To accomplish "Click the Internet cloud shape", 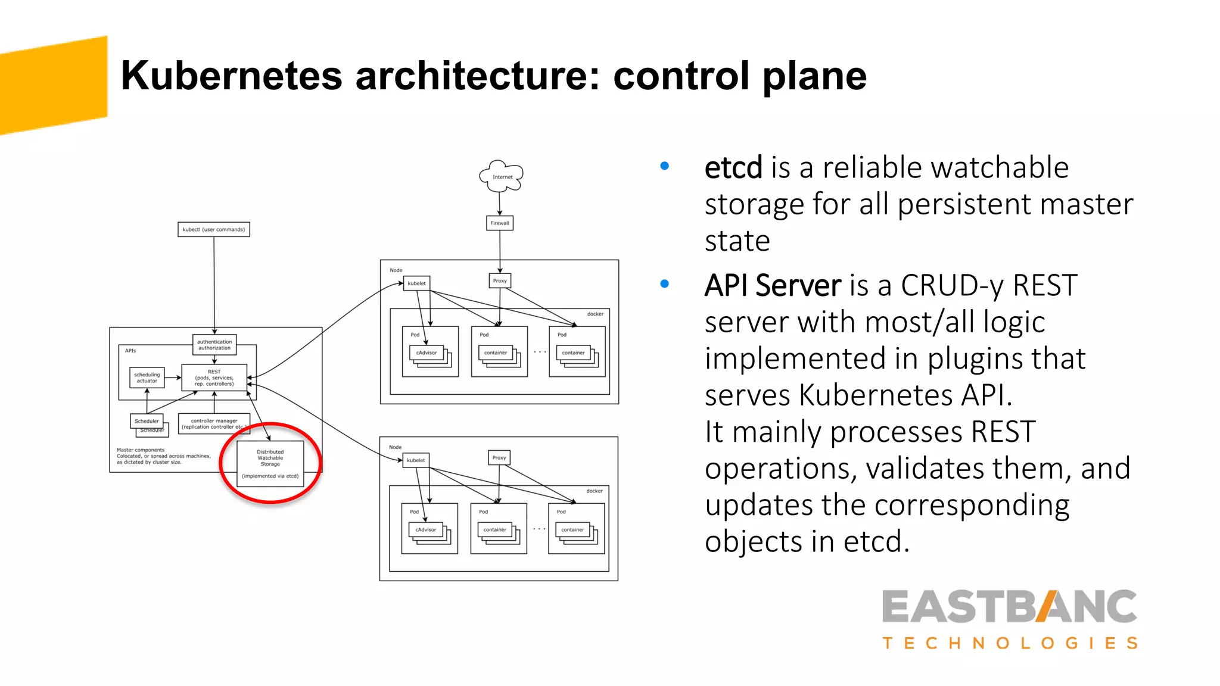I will pyautogui.click(x=502, y=176).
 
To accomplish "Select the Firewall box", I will pyautogui.click(x=500, y=223).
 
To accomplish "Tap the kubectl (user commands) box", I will pyautogui.click(x=214, y=229).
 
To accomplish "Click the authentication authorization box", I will pyautogui.click(x=214, y=345).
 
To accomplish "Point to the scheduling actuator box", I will pyautogui.click(x=147, y=378).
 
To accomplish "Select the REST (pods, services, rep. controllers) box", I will pyautogui.click(x=214, y=378).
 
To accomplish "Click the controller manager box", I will pyautogui.click(x=214, y=423).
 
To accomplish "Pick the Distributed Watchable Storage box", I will pyautogui.click(x=270, y=464).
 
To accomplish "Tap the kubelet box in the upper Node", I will pyautogui.click(x=417, y=283).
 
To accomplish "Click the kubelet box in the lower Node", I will pyautogui.click(x=416, y=460).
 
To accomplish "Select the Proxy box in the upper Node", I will pyautogui.click(x=500, y=280).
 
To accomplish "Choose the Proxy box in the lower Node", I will pyautogui.click(x=499, y=457).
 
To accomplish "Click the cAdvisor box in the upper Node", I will pyautogui.click(x=427, y=353).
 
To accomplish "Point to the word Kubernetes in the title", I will pyautogui.click(x=231, y=76).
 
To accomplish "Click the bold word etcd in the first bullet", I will pyautogui.click(x=733, y=167).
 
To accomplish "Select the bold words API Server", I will pyautogui.click(x=773, y=285).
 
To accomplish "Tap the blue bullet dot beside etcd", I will pyautogui.click(x=665, y=166).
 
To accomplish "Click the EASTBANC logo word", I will pyautogui.click(x=1009, y=607).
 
